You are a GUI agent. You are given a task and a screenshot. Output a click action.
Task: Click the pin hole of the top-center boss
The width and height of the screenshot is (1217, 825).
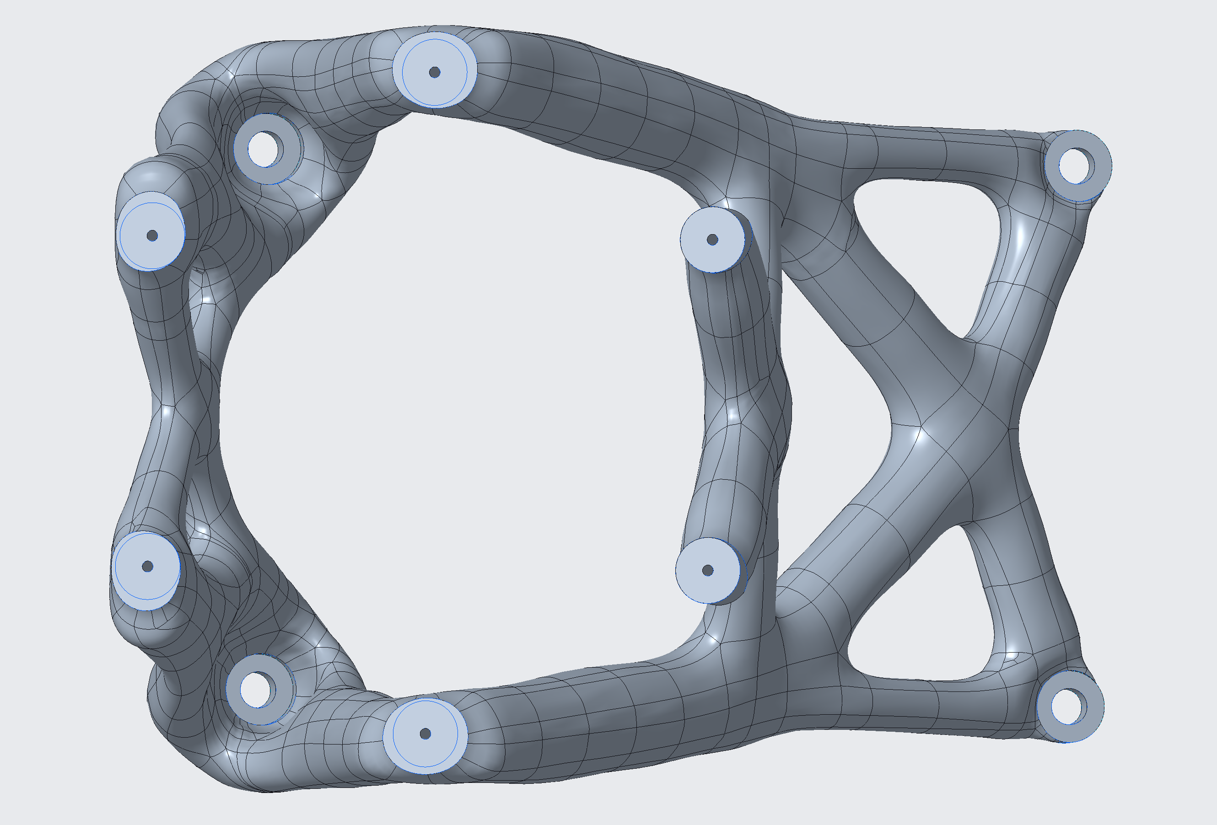(434, 72)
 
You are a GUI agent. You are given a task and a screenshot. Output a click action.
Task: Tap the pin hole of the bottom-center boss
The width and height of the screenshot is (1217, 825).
(425, 734)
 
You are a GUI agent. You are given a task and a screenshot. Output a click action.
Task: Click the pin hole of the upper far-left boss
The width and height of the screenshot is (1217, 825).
(152, 236)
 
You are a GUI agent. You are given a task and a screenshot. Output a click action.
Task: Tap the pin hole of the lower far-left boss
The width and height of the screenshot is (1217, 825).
(148, 567)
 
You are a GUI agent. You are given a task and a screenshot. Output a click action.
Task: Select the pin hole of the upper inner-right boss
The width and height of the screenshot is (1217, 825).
(712, 239)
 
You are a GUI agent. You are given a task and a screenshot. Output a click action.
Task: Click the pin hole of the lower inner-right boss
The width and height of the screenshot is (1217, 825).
(707, 571)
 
